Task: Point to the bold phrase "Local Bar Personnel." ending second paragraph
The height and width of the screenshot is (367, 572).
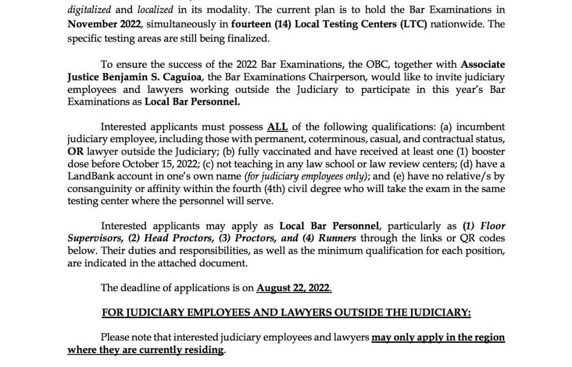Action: click(x=192, y=102)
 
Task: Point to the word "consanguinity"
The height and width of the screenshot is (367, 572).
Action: click(x=98, y=189)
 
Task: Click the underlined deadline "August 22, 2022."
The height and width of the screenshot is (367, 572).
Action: click(x=294, y=288)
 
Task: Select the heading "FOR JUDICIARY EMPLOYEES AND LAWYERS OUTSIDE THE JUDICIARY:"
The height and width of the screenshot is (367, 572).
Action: click(x=286, y=313)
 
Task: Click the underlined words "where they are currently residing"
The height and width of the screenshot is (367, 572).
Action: click(x=146, y=350)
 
